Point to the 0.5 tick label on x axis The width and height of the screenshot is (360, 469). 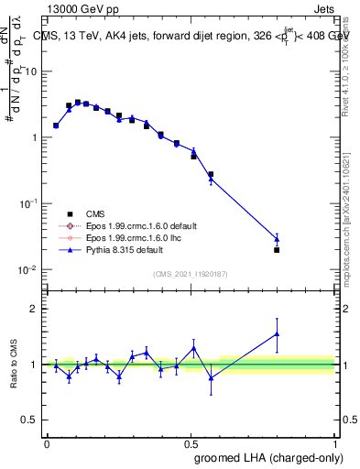191,442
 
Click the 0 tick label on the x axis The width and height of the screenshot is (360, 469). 47,442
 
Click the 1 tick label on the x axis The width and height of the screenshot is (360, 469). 335,442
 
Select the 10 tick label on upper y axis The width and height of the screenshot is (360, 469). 31,71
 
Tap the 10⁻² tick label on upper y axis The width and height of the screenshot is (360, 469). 29,269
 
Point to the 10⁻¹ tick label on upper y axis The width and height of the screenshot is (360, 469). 29,203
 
